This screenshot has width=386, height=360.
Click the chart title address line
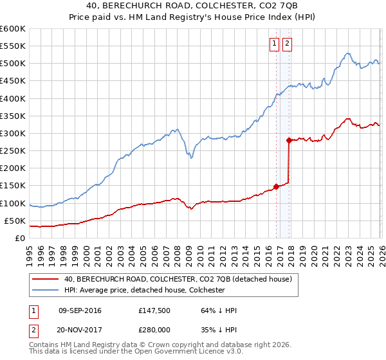point(193,6)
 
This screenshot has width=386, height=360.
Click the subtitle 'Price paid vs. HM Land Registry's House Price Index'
point(193,17)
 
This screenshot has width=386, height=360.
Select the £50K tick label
point(15,221)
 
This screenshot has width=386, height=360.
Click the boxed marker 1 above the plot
point(274,44)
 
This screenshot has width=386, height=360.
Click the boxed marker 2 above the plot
point(286,44)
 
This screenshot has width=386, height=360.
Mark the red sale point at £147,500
point(277,187)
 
